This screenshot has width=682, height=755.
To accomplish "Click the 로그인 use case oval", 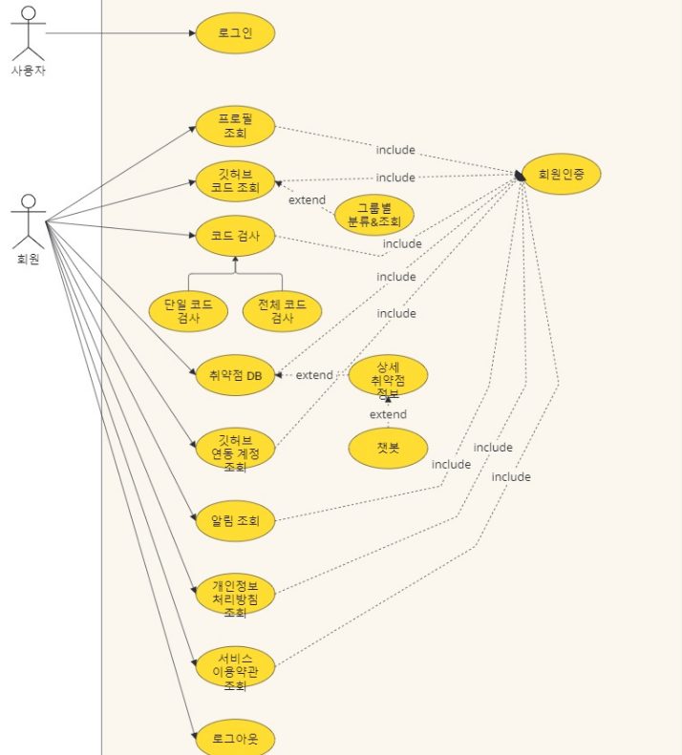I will click(x=235, y=33).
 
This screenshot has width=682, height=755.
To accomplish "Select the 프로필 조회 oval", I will click(x=235, y=127).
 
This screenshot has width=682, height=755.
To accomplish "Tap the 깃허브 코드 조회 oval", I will click(x=235, y=181).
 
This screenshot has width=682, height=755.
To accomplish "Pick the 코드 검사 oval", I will click(x=235, y=236).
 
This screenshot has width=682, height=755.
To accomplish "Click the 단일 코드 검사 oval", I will click(x=188, y=311).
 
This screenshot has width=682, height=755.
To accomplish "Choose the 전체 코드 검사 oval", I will click(x=282, y=311).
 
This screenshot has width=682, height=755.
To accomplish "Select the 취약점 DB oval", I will click(x=235, y=375).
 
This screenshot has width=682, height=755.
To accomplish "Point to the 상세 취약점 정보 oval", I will click(x=388, y=375).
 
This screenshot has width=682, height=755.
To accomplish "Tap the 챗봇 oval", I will click(x=388, y=448).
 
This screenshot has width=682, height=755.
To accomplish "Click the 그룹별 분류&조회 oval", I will click(x=373, y=215).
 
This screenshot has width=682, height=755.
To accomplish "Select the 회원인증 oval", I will click(x=562, y=174).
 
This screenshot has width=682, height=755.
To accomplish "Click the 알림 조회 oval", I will click(x=235, y=521).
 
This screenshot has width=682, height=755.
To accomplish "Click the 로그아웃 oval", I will click(x=235, y=738).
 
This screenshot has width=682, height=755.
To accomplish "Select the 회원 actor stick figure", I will click(x=28, y=221).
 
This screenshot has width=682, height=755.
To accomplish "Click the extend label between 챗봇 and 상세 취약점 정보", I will click(x=388, y=414).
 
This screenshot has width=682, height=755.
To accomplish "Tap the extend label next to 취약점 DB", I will click(x=314, y=375).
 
